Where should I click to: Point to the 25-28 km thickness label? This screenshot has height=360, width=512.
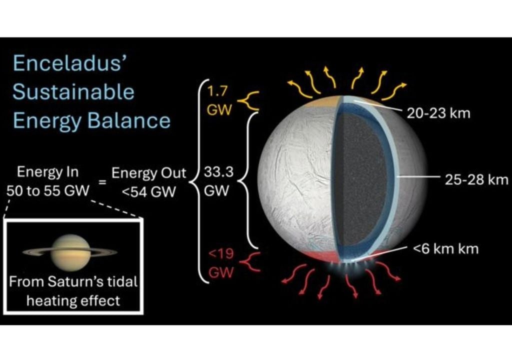476,179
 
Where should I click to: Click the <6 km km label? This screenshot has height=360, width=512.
446,248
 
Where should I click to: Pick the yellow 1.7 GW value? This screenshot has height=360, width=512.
219,100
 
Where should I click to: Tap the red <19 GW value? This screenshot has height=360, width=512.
219,264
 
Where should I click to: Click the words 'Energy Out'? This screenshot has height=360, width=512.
148,173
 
